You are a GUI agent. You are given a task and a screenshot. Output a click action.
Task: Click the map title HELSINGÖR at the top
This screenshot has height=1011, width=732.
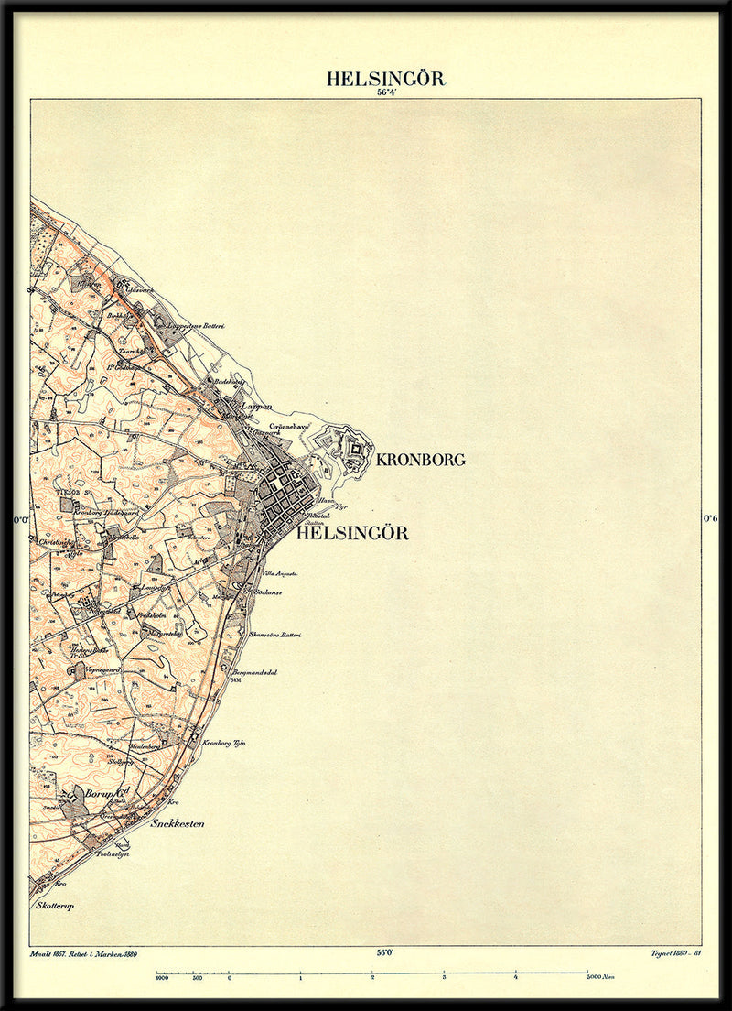(385, 79)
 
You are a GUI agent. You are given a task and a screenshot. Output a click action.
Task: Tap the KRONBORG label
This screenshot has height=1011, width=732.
(420, 460)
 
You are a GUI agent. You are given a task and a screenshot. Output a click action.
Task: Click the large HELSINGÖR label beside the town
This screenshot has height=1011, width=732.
(352, 533)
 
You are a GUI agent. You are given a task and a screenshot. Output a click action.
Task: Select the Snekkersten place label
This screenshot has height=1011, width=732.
(177, 823)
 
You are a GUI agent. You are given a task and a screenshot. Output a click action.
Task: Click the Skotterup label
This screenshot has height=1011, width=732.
(54, 906)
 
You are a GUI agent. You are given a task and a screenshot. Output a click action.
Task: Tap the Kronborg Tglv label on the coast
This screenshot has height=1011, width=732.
(224, 744)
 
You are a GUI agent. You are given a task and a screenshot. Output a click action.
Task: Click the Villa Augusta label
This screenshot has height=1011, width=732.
(282, 573)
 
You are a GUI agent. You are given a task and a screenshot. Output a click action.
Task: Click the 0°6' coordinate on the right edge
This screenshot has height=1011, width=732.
(711, 518)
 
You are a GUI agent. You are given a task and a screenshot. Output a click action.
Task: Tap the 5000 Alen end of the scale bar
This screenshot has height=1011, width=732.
(601, 977)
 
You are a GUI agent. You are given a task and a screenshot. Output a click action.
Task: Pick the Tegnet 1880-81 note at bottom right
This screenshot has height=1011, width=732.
(675, 954)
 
